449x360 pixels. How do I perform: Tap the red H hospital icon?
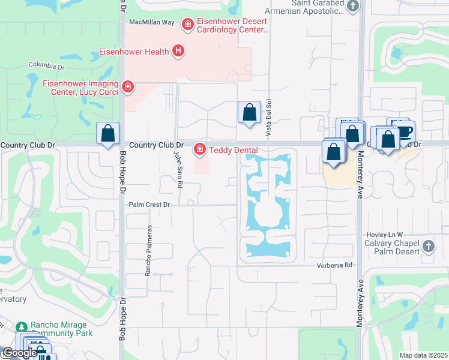pyautogui.click(x=178, y=52)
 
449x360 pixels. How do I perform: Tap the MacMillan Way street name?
pyautogui.click(x=152, y=22)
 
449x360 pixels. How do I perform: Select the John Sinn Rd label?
pyautogui.click(x=178, y=170)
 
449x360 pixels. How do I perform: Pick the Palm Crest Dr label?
pyautogui.click(x=150, y=205)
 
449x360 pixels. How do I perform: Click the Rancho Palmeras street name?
pyautogui.click(x=147, y=250)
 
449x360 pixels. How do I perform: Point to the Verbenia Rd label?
pyautogui.click(x=333, y=265)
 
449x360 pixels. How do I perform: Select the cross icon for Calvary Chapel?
pyautogui.click(x=428, y=246)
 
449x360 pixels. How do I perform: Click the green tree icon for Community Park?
pyautogui.click(x=22, y=328)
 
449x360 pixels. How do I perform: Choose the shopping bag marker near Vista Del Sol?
pyautogui.click(x=249, y=112)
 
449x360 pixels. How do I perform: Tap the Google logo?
pyautogui.click(x=19, y=353)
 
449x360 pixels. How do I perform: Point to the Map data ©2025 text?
pyautogui.click(x=423, y=355)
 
